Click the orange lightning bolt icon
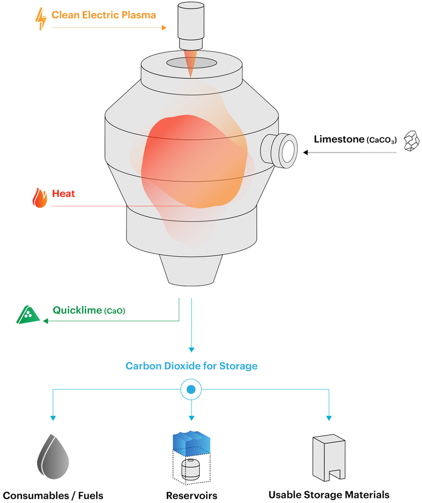[x=41, y=19]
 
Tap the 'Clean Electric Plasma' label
[x=104, y=15]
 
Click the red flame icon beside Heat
[x=40, y=197]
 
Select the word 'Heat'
[x=64, y=194]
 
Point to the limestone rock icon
[x=412, y=141]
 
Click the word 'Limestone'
[x=339, y=139]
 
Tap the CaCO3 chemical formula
[x=381, y=140]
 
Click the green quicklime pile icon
[x=28, y=315]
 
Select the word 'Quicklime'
[x=77, y=310]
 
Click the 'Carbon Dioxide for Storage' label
[x=191, y=366]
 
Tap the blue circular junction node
[x=191, y=389]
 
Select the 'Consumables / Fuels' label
[x=53, y=496]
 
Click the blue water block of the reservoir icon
[x=191, y=443]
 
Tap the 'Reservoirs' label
[x=191, y=496]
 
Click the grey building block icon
[x=329, y=458]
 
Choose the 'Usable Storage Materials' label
[x=329, y=495]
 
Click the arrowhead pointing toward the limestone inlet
[x=306, y=152]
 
